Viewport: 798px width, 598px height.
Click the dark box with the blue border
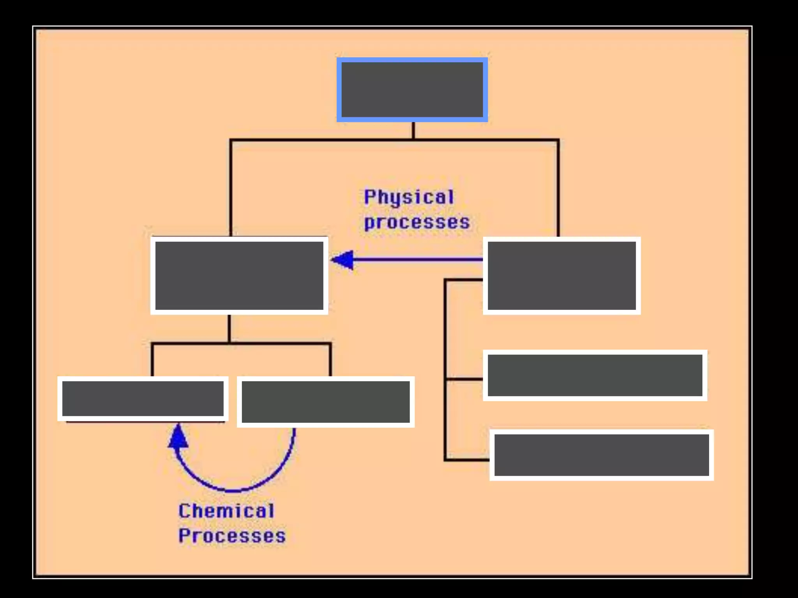tap(412, 90)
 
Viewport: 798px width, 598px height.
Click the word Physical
tap(409, 197)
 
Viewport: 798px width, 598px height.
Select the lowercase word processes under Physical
tap(417, 223)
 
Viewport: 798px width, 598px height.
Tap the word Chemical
tap(226, 511)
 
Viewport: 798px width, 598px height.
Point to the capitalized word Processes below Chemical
tap(232, 536)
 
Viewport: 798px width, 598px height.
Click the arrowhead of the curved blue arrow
tap(178, 437)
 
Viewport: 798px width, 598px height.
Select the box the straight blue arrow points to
tap(239, 276)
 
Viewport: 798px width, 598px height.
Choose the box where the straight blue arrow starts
tap(561, 276)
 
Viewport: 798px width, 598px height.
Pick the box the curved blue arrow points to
tap(143, 399)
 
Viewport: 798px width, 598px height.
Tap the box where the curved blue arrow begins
tap(325, 402)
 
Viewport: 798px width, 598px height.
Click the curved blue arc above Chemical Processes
tap(234, 490)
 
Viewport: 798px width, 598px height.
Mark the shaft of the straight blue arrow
tap(417, 260)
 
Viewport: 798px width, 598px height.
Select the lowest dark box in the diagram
tap(601, 455)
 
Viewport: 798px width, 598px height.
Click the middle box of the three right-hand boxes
tap(595, 375)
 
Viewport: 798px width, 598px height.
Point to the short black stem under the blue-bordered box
tap(413, 130)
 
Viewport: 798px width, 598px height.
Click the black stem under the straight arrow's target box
tap(229, 329)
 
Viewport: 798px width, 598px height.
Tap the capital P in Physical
tap(369, 197)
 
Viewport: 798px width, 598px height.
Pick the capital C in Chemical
tap(184, 511)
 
